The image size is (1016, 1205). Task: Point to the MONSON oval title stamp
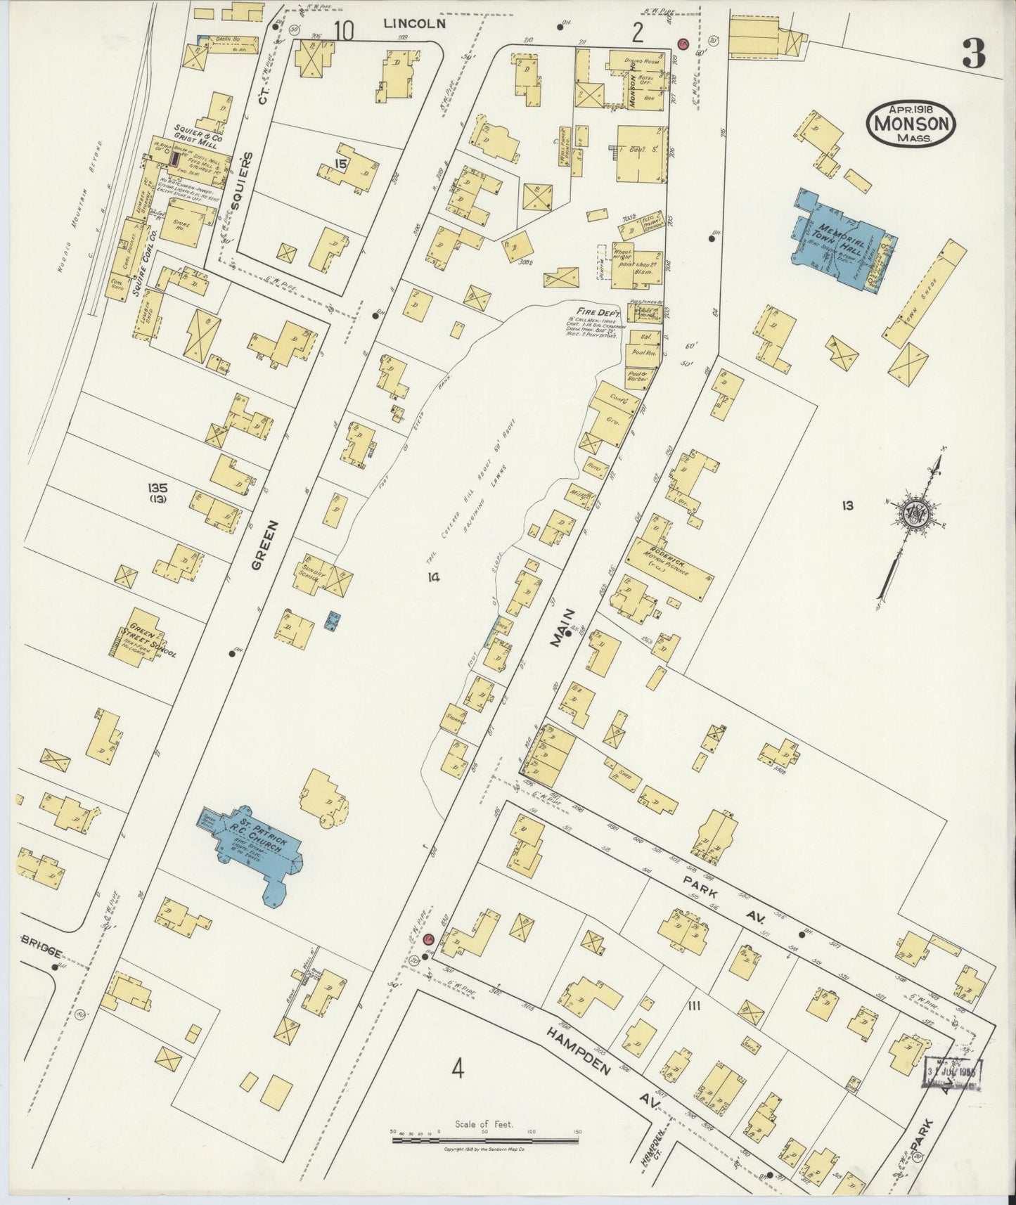[x=912, y=124]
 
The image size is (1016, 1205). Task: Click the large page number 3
[x=973, y=53]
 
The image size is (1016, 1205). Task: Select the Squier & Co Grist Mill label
[x=198, y=138]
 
